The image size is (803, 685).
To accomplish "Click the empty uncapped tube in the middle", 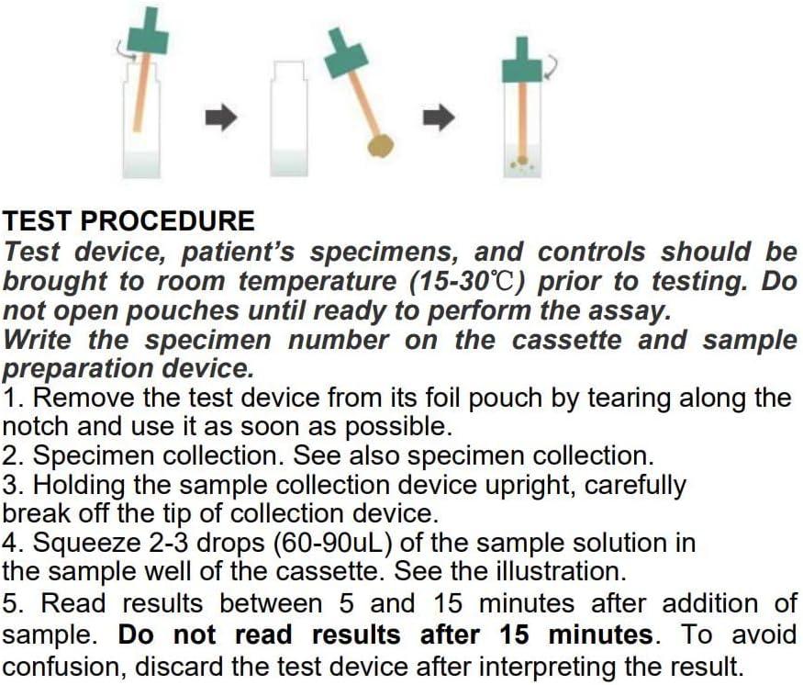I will [x=288, y=119].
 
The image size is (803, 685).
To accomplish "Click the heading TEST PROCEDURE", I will [x=129, y=221].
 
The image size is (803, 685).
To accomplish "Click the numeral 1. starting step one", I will [x=12, y=399].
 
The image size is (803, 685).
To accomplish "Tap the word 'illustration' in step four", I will [x=556, y=572].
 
